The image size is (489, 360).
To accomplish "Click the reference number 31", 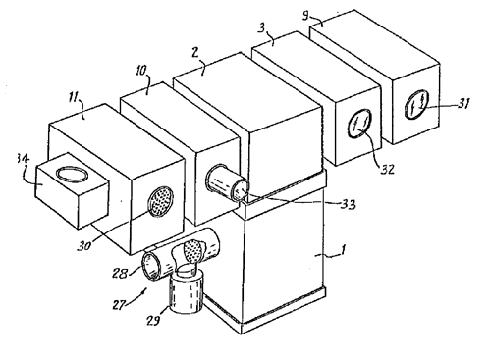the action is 462,104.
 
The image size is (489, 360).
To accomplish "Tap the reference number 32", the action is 387,170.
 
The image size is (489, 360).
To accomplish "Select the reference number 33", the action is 348,204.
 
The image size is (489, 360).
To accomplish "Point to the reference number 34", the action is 23,160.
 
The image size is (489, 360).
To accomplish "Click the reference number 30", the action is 84,245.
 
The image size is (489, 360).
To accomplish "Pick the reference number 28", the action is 120,273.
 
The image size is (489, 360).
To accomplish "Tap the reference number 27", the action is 119,305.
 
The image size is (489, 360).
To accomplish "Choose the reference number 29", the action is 153,321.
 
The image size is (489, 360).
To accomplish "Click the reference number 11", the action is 75,97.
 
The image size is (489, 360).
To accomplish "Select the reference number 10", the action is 141,71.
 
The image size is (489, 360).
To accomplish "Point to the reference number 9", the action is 305,16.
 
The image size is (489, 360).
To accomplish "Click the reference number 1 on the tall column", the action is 343,251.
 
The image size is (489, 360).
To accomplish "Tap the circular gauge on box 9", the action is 416,104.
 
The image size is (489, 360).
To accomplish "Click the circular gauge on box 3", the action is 360,125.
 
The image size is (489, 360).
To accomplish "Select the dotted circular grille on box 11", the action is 160,201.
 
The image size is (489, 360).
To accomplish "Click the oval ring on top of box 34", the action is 72,174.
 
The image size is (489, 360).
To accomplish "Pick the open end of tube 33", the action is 241,191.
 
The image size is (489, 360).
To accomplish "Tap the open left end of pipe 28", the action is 150,266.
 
